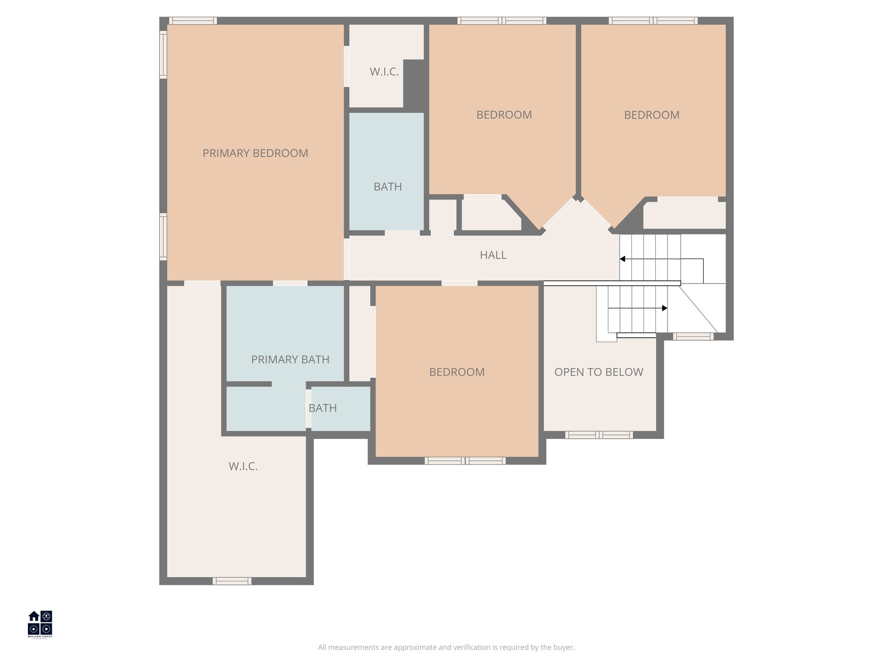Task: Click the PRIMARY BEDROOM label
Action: (x=255, y=153)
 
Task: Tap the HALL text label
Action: (x=493, y=255)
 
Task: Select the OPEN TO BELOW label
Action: (x=599, y=372)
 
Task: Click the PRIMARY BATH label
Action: (x=290, y=359)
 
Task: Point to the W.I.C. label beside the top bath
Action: (x=384, y=72)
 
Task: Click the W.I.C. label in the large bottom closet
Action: (x=243, y=466)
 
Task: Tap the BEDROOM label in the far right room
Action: (x=651, y=115)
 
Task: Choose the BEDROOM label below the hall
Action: (x=457, y=372)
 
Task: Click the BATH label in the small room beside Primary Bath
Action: (x=323, y=408)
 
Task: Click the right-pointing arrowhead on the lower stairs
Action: (x=665, y=308)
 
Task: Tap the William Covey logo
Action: (x=40, y=624)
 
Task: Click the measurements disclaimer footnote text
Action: (x=446, y=647)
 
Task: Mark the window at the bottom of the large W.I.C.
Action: (x=232, y=581)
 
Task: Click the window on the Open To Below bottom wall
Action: (x=599, y=435)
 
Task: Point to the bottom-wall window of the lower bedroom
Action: (x=465, y=461)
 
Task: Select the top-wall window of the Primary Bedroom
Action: (x=193, y=21)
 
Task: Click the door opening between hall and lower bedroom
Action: (x=460, y=284)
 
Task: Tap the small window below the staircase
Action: (x=693, y=336)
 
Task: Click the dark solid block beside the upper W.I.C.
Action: (x=414, y=83)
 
